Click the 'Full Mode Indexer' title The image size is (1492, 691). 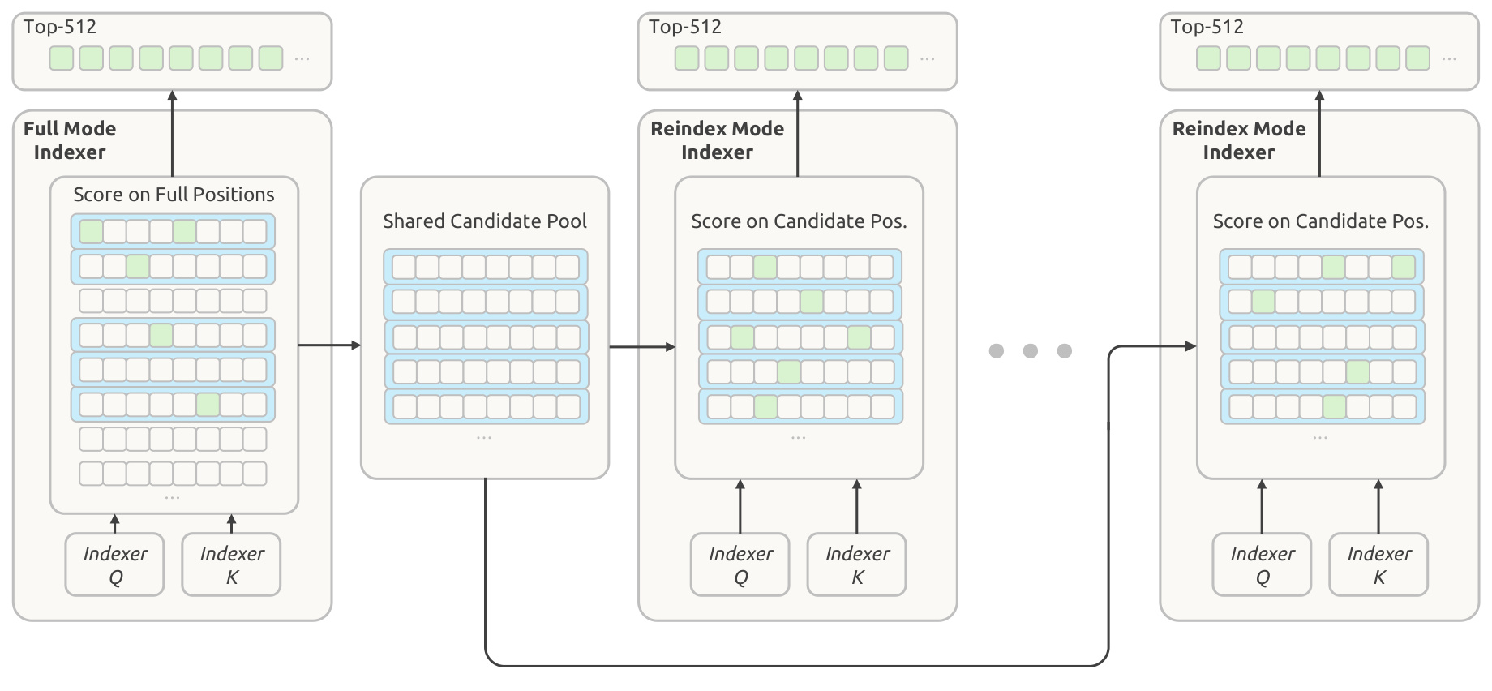click(x=70, y=140)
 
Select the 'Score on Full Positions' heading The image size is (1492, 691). click(x=174, y=195)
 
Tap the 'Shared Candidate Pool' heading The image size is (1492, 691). click(x=485, y=221)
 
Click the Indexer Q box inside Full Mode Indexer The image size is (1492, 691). click(x=115, y=564)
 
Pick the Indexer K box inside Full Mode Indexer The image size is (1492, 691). click(x=232, y=564)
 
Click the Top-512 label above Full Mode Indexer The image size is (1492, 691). click(x=60, y=27)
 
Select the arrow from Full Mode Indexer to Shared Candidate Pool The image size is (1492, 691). click(x=330, y=345)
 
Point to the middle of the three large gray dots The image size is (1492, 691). click(x=1031, y=350)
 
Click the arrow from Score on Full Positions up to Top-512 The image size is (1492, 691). click(x=172, y=134)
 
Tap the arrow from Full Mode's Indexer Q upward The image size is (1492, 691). click(x=115, y=523)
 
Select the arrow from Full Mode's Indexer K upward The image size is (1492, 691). click(x=232, y=523)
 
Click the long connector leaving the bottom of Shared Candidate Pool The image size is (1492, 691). click(x=796, y=666)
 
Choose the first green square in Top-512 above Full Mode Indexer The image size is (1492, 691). click(x=62, y=58)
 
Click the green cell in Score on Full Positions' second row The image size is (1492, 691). click(x=138, y=266)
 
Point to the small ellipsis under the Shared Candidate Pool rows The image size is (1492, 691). click(x=484, y=438)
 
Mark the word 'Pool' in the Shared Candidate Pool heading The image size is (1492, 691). click(x=567, y=221)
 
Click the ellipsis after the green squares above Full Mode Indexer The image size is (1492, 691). click(x=302, y=59)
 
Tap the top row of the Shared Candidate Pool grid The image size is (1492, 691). click(x=486, y=267)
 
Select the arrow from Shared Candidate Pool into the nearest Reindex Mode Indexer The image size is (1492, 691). click(x=642, y=347)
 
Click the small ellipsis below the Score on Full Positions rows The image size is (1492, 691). click(x=172, y=497)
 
